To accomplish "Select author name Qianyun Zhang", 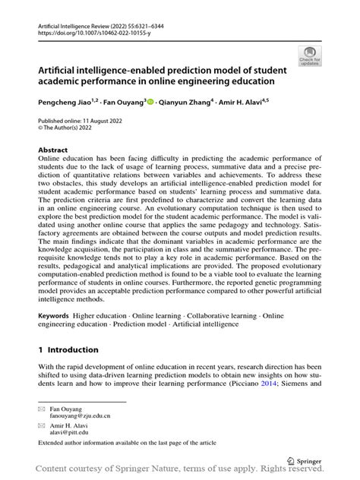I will [x=185, y=101].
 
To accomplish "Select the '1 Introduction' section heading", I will [x=68, y=349].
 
